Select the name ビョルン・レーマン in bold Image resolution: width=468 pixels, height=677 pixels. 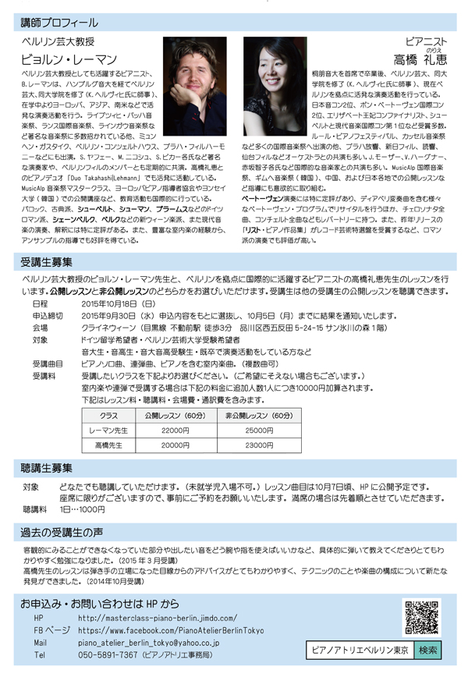pos(69,58)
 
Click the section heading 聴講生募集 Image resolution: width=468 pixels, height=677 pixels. pos(48,468)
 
